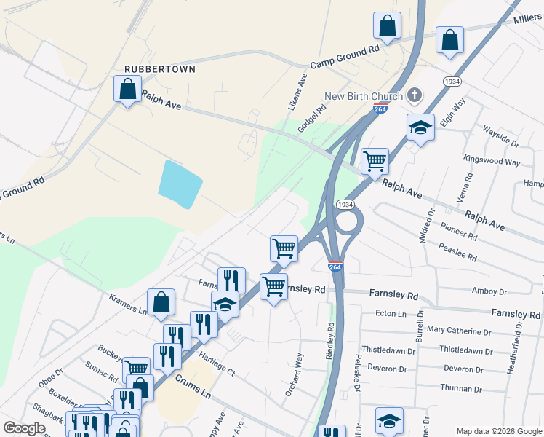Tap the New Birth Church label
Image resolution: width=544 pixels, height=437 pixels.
364,97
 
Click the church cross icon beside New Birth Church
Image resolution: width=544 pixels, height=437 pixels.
414,95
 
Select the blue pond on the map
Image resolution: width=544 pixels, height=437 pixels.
180,184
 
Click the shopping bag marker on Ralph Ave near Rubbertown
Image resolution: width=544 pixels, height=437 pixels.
128,90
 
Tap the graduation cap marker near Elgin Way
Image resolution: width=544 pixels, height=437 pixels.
420,129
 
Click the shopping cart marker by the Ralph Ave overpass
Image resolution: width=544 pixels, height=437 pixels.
375,161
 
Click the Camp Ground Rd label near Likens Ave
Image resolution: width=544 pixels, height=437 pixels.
345,57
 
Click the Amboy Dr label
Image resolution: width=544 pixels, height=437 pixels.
489,291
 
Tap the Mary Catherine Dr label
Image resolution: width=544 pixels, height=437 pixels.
465,331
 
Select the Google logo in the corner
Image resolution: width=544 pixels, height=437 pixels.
24,428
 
